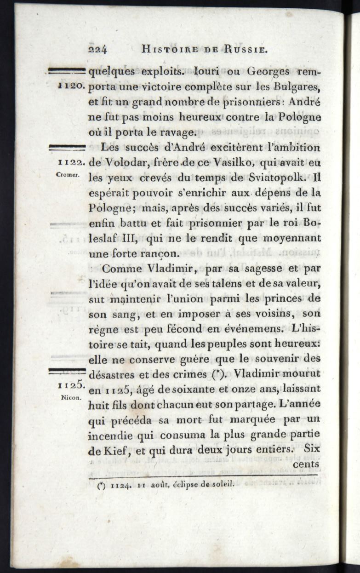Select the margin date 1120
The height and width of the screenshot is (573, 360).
click(x=71, y=86)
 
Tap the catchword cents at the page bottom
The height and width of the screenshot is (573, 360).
click(x=306, y=464)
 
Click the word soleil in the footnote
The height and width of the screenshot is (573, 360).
click(x=223, y=483)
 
